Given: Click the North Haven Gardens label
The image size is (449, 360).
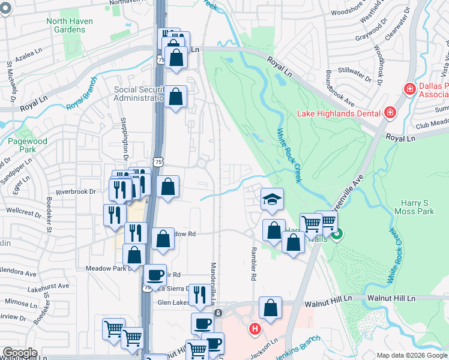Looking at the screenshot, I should pyautogui.click(x=65, y=26).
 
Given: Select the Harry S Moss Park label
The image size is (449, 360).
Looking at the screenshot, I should pyautogui.click(x=414, y=207).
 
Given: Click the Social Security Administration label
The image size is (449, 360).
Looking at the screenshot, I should pyautogui.click(x=139, y=94).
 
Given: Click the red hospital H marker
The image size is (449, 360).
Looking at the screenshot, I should pyautogui.click(x=255, y=329).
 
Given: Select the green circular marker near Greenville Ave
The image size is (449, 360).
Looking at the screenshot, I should pyautogui.click(x=337, y=234).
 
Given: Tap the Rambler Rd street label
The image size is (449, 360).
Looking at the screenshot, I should pyautogui.click(x=253, y=263).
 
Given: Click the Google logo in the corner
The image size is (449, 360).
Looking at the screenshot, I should pyautogui.click(x=20, y=353).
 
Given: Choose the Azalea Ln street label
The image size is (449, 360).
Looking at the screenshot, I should pyautogui.click(x=28, y=55).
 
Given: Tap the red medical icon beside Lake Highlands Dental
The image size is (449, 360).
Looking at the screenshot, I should pyautogui.click(x=390, y=112).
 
